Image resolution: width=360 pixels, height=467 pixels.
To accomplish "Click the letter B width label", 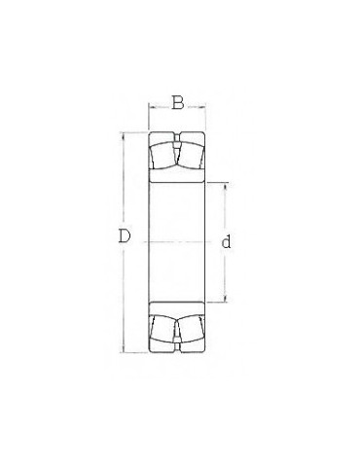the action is [178, 102].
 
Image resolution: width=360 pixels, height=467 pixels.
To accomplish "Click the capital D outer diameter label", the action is [124, 235].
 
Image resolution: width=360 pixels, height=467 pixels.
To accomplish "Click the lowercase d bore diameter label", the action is [226, 241].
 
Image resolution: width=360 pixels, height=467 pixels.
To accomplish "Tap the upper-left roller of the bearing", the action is [163, 156].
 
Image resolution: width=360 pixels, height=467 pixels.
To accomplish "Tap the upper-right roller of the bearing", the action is [191, 156].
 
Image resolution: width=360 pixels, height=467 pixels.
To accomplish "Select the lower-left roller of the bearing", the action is [163, 329].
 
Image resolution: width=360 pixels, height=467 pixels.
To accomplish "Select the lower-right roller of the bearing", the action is [191, 329].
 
